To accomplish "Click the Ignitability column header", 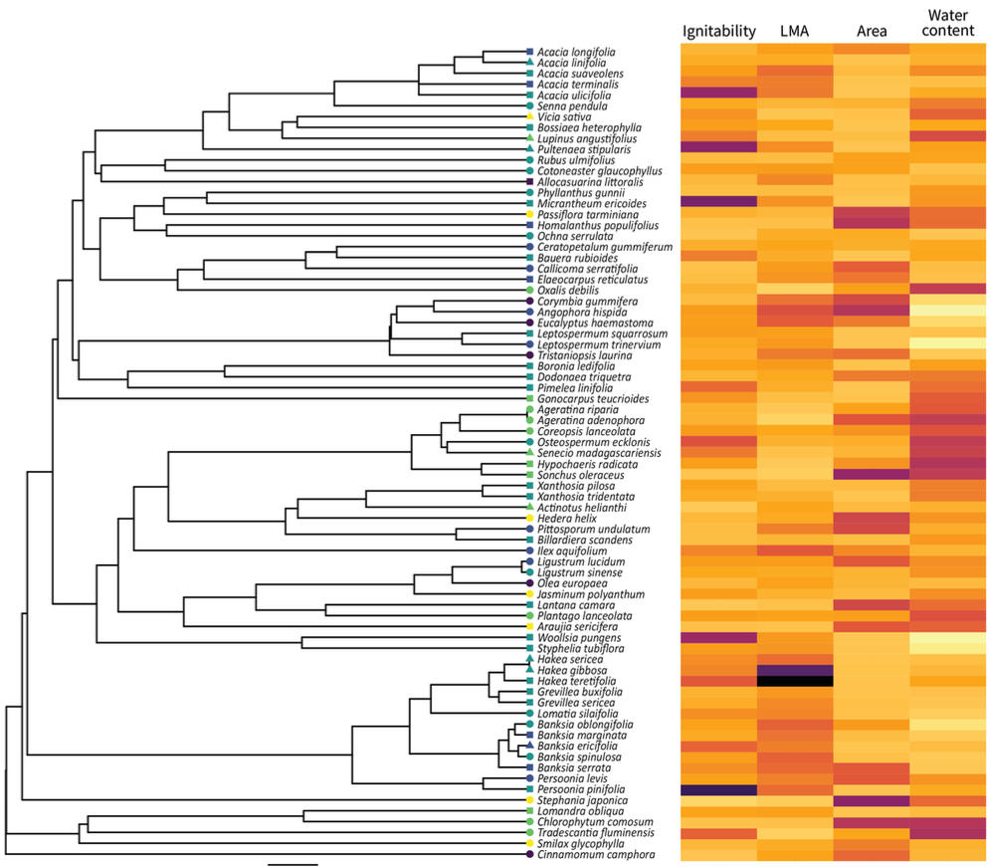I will [718, 31].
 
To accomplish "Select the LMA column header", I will [794, 31].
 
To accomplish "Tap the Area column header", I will [871, 31].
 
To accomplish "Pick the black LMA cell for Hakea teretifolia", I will [794, 681].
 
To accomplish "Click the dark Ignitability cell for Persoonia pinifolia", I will [718, 789].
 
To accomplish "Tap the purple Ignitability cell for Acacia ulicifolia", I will [718, 93].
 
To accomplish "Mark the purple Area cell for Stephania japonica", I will [871, 800].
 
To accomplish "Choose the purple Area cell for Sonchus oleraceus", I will [871, 475].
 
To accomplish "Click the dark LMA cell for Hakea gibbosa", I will [794, 670].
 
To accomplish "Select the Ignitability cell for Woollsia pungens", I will [718, 637].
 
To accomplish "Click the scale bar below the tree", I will [293, 863].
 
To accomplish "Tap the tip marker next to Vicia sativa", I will [529, 116].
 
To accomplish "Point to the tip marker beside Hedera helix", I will [529, 519].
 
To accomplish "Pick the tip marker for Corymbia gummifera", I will [529, 301].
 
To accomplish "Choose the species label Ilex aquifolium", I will [575, 550].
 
